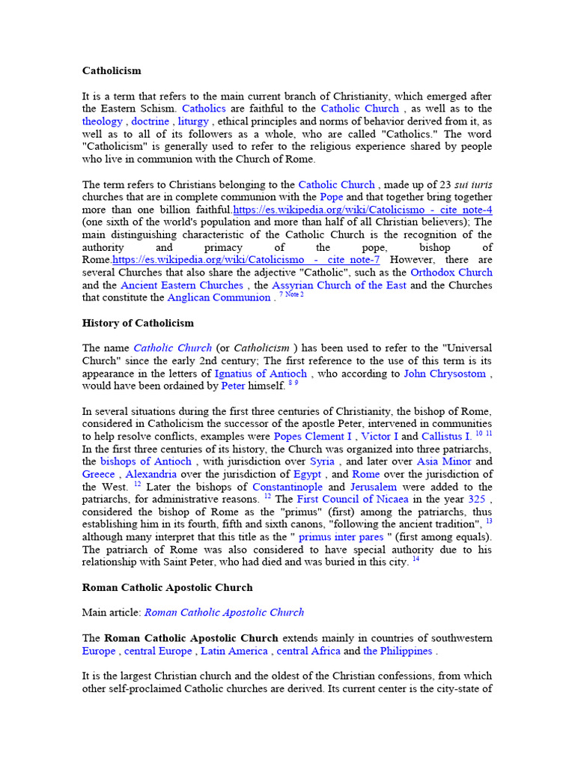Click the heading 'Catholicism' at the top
pos(112,71)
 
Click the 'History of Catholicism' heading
pos(138,323)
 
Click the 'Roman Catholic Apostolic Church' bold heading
pos(168,587)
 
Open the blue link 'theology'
pos(103,121)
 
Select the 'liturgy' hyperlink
pos(193,121)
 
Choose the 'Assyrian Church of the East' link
pos(339,285)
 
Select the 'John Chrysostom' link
pos(445,373)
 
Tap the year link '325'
pos(477,499)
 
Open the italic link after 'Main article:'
pos(224,612)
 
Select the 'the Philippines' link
pos(398,651)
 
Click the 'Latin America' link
pos(234,651)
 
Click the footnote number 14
pos(416,560)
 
